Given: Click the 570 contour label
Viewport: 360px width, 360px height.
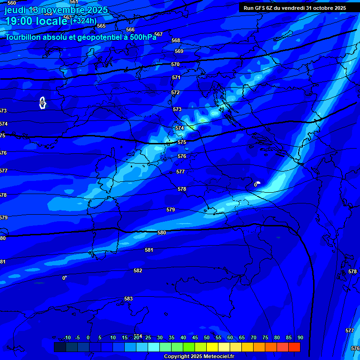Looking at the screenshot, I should point(175,64).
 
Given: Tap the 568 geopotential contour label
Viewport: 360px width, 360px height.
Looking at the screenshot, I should point(176,41).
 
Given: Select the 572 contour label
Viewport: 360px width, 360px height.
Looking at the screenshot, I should point(175,92).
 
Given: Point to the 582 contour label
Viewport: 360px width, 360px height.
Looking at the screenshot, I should point(138,270).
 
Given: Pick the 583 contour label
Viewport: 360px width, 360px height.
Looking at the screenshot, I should point(128,299).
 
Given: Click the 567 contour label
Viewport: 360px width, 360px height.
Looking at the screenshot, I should point(158,34).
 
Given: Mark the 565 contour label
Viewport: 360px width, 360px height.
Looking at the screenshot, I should point(101,26).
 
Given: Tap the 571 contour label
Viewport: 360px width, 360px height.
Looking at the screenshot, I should point(176,77).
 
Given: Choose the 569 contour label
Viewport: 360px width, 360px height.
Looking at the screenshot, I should point(179,51).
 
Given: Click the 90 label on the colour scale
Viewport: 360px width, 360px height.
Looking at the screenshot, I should point(300,337).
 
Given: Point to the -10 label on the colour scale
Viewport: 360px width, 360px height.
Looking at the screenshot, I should point(67,337).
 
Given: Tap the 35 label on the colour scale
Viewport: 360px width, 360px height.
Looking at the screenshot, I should point(172,337).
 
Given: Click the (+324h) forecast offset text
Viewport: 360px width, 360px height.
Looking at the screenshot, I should point(83,21).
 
